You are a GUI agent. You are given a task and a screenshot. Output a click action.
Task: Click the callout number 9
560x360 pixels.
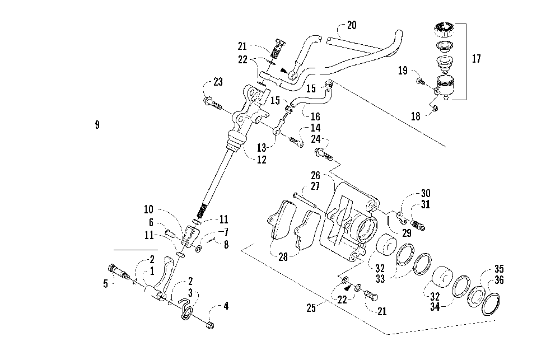point(97,125)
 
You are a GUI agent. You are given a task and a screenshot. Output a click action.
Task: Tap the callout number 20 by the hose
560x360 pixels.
point(352,25)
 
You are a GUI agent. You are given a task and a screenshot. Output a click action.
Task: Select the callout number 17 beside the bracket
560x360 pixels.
point(477,59)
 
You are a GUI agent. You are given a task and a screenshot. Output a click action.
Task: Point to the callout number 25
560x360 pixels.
point(311,308)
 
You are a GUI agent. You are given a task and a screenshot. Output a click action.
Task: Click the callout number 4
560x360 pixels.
point(226,306)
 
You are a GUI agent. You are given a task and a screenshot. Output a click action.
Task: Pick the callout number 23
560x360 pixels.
point(218,82)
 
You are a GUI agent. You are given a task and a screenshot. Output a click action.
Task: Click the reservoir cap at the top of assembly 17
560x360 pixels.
point(444,28)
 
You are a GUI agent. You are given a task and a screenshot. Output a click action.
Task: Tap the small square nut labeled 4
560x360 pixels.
point(211,325)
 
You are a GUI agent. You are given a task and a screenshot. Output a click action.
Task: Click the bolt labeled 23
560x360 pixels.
point(213,104)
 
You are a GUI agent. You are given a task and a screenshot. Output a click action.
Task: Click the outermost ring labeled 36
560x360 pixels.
point(491,304)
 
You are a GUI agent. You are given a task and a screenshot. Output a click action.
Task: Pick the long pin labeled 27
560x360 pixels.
point(304,199)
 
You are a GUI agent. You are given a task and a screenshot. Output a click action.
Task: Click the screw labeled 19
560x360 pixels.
point(420,82)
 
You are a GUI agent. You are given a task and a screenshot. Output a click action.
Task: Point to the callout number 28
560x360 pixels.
point(283,257)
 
